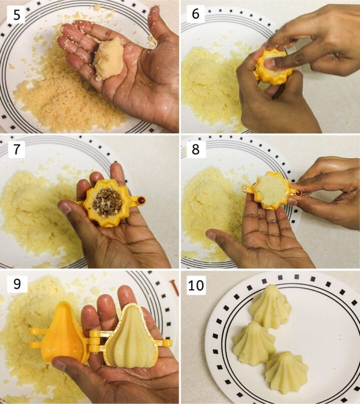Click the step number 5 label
tap(16, 15)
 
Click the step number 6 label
tap(195, 14)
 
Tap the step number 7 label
tap(16, 149)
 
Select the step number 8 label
tap(195, 149)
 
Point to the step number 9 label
tap(16, 284)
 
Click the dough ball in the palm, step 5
tap(109, 59)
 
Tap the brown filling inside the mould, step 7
tap(107, 202)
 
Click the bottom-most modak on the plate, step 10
tap(286, 372)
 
